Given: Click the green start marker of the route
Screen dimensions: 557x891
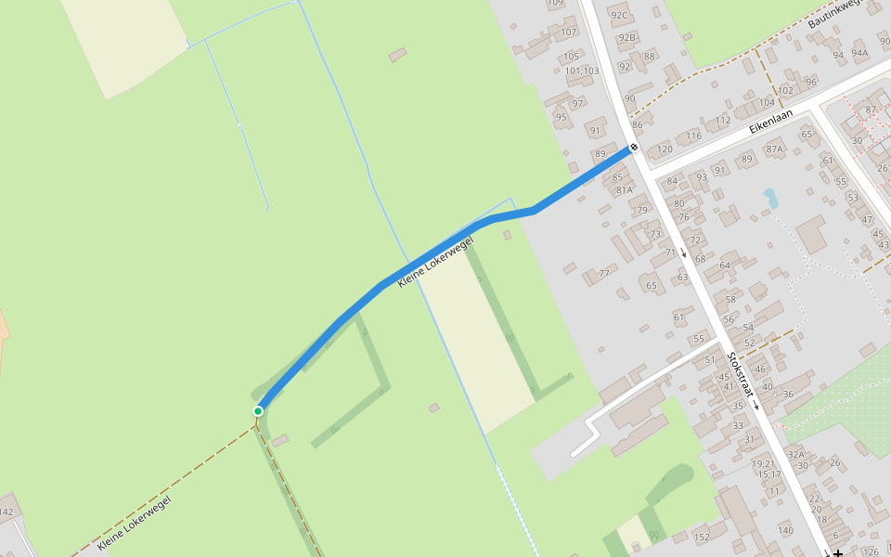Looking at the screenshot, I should [x=258, y=410].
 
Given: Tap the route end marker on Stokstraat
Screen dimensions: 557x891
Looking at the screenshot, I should [x=634, y=148].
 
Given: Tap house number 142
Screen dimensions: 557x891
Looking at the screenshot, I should [x=6, y=512].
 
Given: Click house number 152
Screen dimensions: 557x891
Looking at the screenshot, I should [x=702, y=537].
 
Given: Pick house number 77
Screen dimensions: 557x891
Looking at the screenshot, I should [x=604, y=273].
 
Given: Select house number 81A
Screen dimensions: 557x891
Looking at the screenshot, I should [x=624, y=190].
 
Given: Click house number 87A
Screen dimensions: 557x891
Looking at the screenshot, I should [x=774, y=149].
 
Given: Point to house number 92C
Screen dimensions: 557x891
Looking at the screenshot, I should [x=619, y=15].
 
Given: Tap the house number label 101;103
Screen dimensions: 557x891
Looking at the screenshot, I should [x=582, y=71].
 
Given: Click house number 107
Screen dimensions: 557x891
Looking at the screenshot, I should [x=569, y=32].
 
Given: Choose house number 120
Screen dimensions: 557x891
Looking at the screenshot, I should [x=665, y=149].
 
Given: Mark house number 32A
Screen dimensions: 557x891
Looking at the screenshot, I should [x=795, y=454].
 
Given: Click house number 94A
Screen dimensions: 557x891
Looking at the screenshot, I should [x=859, y=53].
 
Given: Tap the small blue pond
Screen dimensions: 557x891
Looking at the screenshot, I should [x=769, y=197].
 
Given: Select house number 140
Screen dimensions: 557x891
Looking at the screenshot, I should [x=786, y=530].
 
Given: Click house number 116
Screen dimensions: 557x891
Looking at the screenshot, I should [x=694, y=136].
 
